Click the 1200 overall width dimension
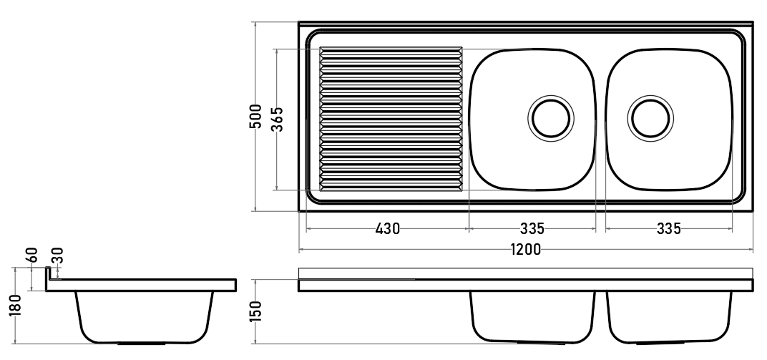click(x=526, y=250)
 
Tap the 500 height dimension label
click(x=255, y=117)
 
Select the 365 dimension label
click(x=278, y=119)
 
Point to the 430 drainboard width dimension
click(x=387, y=228)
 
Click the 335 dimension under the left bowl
click(x=532, y=228)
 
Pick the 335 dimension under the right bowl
click(x=669, y=228)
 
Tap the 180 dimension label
click(x=15, y=306)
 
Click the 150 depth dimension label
click(x=256, y=311)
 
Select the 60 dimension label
click(x=32, y=255)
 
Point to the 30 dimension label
click(x=57, y=256)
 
